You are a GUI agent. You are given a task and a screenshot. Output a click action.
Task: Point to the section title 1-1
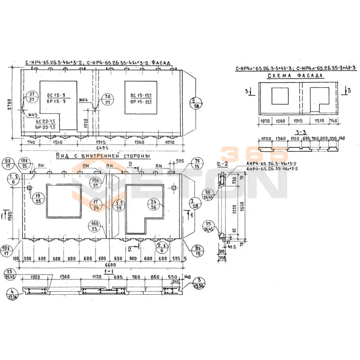[108, 272]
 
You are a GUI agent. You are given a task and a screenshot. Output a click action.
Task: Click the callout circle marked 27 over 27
[32, 96]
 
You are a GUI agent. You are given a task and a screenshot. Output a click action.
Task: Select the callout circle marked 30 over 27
[108, 99]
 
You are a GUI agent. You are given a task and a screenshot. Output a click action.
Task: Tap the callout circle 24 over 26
[153, 204]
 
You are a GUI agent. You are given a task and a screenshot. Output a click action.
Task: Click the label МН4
[84, 99]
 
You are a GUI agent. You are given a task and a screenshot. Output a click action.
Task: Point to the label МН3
[32, 116]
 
